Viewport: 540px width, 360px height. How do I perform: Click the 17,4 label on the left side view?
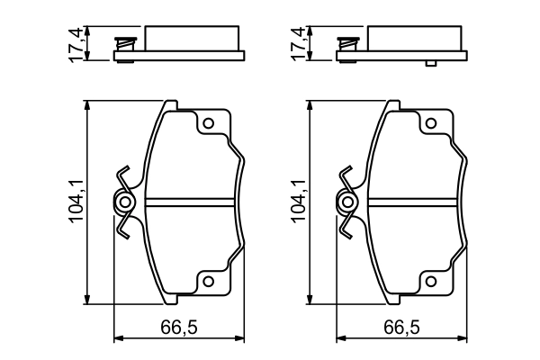[77, 42]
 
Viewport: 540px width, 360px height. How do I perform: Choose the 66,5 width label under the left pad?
[178, 327]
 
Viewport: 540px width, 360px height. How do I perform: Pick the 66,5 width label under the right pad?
[401, 327]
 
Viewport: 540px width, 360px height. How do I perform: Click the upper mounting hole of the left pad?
[208, 124]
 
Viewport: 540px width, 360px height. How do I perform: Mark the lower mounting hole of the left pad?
[208, 282]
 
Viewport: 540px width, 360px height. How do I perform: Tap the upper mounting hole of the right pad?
[430, 124]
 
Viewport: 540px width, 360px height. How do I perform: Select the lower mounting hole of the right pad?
[430, 282]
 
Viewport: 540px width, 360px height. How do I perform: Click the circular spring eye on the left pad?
[125, 202]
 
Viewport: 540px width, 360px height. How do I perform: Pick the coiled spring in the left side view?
[126, 43]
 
